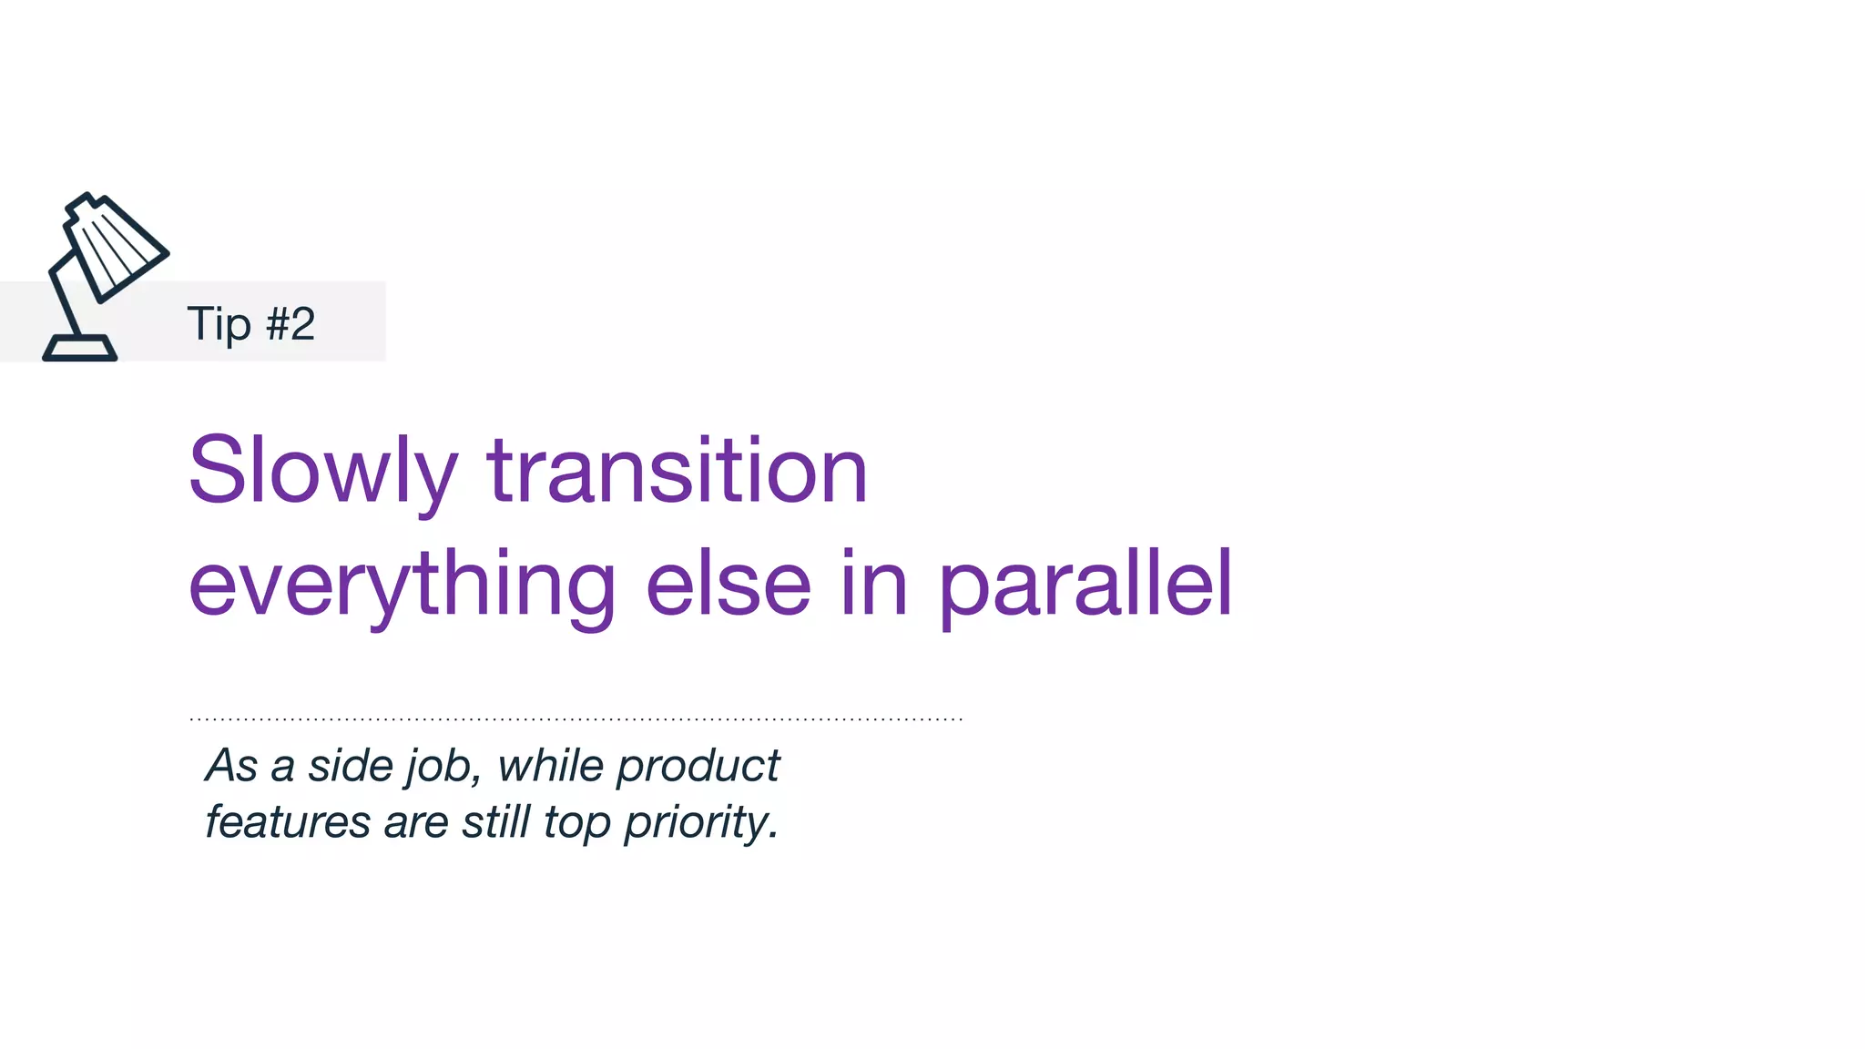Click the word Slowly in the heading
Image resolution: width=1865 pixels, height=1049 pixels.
321,471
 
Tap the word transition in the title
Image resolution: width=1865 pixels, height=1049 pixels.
677,471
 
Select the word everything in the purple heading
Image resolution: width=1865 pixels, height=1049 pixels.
402,586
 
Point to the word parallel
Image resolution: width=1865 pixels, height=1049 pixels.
1085,586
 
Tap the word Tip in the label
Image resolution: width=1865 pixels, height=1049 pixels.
219,324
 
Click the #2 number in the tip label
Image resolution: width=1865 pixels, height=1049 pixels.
290,323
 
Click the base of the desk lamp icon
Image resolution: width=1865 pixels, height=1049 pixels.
80,349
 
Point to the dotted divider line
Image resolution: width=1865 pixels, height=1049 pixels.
576,719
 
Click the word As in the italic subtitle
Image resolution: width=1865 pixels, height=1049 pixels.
231,765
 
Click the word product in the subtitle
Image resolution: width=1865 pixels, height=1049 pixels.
698,767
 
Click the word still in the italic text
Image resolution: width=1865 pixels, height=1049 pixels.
495,821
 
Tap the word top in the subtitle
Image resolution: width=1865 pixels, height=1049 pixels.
576,823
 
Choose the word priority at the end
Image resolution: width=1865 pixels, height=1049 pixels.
699,823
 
